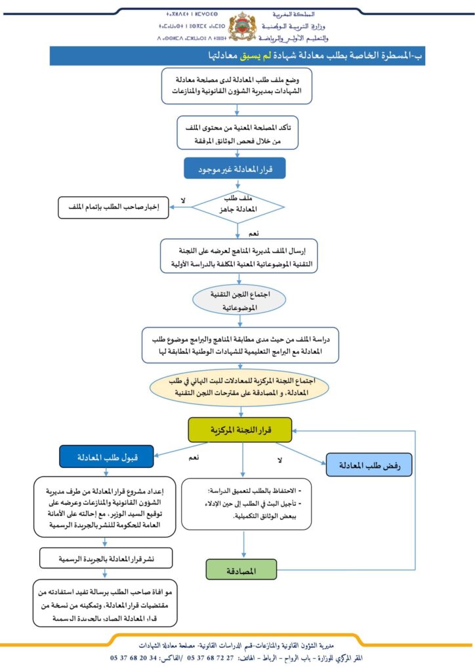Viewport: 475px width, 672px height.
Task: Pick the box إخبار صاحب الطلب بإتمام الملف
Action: coord(114,208)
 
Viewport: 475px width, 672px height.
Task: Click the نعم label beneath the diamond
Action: coord(253,233)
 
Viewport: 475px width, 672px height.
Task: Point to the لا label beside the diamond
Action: coord(183,199)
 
